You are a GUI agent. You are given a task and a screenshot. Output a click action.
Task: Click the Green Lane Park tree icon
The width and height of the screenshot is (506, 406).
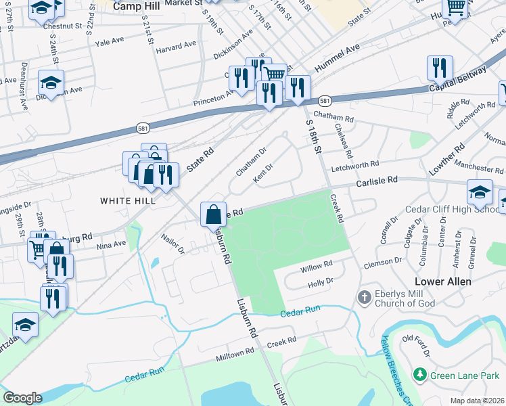click(420, 374)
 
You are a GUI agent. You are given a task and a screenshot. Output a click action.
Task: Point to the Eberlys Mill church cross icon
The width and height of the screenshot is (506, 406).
click(364, 297)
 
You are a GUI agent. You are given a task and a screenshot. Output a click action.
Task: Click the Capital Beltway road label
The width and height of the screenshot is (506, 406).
click(457, 81)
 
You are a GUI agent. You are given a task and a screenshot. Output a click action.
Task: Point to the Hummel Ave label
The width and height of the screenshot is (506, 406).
click(337, 59)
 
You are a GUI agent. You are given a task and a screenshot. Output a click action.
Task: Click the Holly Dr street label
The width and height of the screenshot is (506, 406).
click(321, 282)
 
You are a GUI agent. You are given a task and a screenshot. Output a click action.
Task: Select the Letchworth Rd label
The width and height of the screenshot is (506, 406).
click(355, 164)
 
